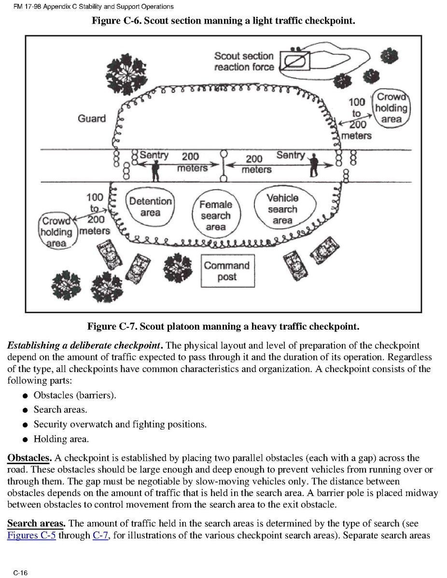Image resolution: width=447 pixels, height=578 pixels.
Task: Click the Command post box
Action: [x=226, y=271]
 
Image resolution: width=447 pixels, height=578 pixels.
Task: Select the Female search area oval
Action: [x=215, y=216]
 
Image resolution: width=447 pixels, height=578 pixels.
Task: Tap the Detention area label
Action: [x=150, y=207]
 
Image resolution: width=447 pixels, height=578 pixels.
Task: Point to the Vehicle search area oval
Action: [x=283, y=209]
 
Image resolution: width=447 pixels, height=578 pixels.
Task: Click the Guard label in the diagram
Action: [x=92, y=119]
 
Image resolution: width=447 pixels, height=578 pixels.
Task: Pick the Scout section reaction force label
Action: [x=244, y=62]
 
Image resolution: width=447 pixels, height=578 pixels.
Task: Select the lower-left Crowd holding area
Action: [x=56, y=233]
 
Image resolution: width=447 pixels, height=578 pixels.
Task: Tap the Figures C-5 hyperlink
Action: [x=31, y=536]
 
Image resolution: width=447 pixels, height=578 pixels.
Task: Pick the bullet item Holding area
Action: [x=61, y=439]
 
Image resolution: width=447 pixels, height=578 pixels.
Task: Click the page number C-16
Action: [x=20, y=573]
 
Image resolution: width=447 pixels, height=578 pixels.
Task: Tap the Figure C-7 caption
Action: [x=223, y=327]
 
